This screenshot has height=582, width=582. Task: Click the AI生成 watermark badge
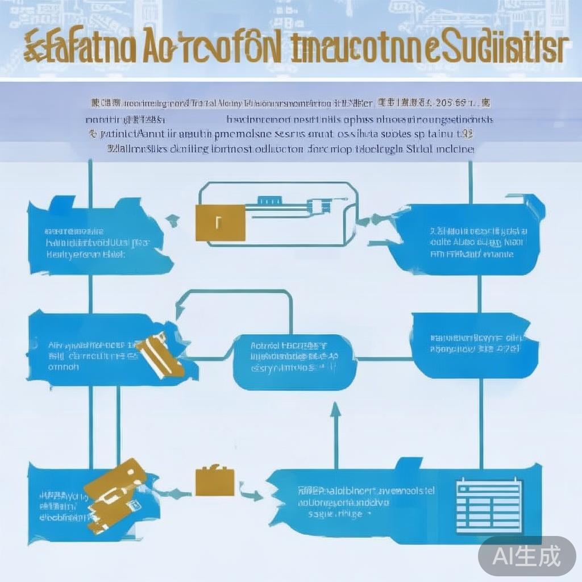pyautogui.click(x=526, y=555)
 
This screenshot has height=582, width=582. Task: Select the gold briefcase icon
pyautogui.click(x=215, y=480)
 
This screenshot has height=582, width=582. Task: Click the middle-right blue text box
pyautogui.click(x=474, y=344)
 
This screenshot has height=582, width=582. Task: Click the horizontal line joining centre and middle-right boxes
pyautogui.click(x=384, y=359)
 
